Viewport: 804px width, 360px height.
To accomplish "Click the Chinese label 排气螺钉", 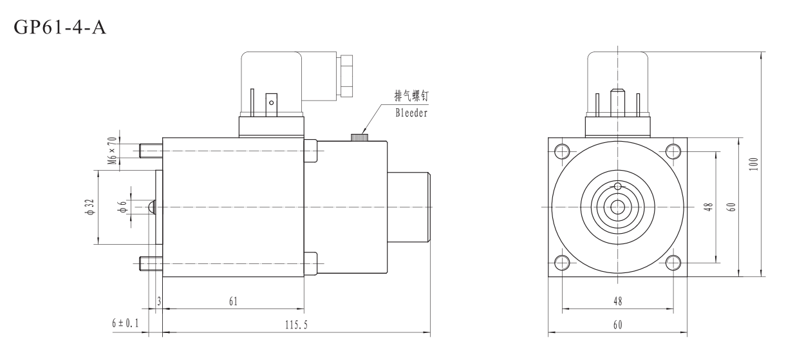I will point(411,96).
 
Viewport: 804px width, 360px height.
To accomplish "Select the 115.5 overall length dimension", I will point(296,325).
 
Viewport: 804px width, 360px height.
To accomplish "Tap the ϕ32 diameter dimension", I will point(91,207).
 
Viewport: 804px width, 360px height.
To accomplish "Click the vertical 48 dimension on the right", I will point(708,207).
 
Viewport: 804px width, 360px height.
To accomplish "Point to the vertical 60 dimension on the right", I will point(731,207).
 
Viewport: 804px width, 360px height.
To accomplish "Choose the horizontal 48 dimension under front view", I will point(617,301).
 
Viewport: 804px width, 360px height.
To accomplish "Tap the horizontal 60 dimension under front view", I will point(617,325).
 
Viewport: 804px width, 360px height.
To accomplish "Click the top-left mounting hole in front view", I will point(561,151).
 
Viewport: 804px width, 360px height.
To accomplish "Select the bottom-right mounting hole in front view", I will point(673,262).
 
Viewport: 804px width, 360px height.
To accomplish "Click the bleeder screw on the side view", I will point(359,137).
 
